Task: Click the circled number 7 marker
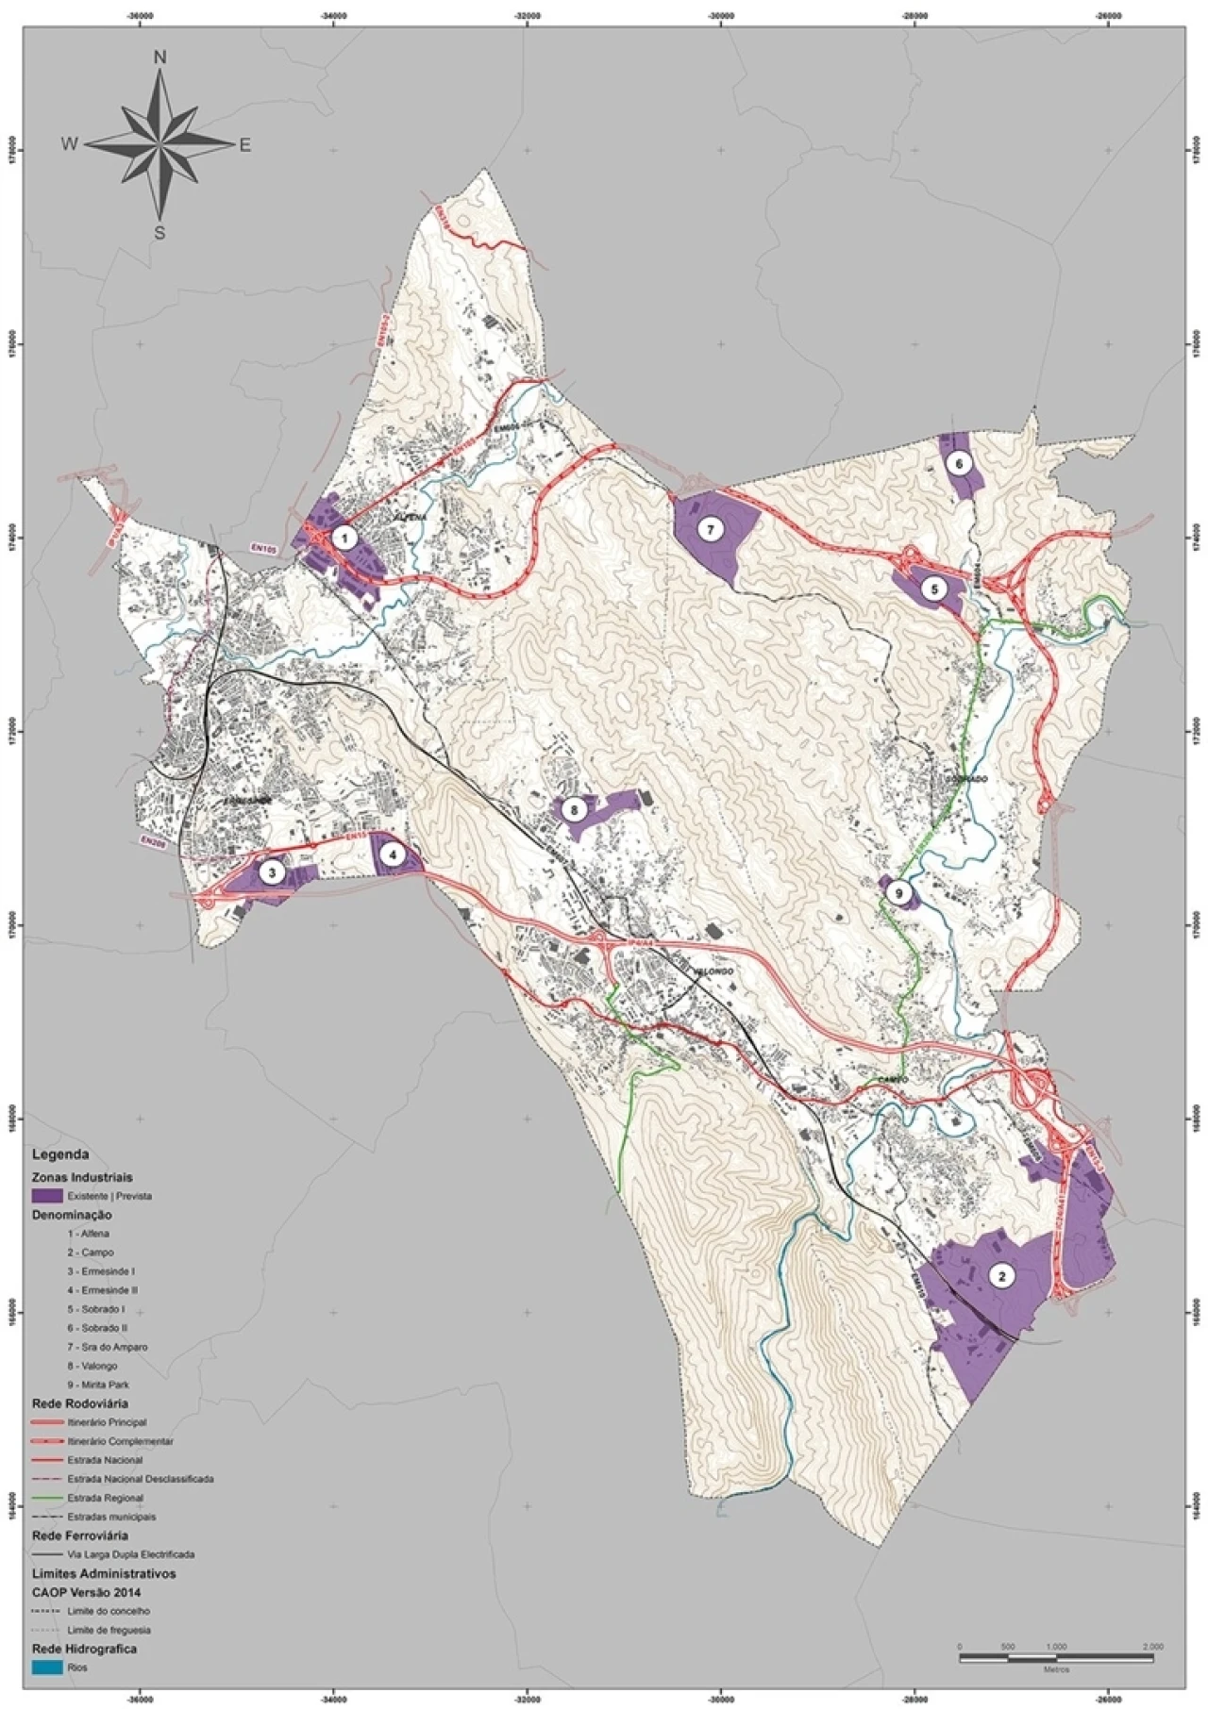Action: point(710,530)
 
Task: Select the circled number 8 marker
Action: point(573,809)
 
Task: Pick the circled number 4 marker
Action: point(392,856)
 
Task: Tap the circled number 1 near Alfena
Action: point(345,539)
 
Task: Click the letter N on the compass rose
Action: point(160,58)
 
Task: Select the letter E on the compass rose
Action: point(244,145)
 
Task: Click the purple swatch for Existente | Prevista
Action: point(47,1196)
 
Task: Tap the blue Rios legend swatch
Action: point(47,1668)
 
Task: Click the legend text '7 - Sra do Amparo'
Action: point(107,1347)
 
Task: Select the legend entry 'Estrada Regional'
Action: point(105,1498)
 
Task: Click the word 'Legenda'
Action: point(60,1154)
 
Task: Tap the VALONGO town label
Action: point(712,971)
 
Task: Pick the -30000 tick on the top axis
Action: point(721,14)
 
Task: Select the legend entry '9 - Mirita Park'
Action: point(98,1385)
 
